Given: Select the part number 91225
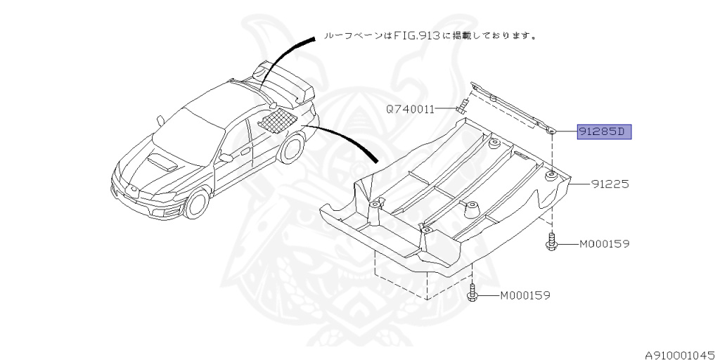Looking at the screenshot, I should pos(609,184).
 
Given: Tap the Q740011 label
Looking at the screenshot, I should pos(409,109).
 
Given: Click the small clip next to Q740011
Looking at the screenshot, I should pos(463,108).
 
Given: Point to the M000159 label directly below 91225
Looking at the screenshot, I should pos(603,244).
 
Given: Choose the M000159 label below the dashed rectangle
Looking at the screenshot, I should pos(525,295).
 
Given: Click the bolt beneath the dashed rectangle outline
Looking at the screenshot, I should pos(472,293).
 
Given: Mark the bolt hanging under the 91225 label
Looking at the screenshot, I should pos(552,241).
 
